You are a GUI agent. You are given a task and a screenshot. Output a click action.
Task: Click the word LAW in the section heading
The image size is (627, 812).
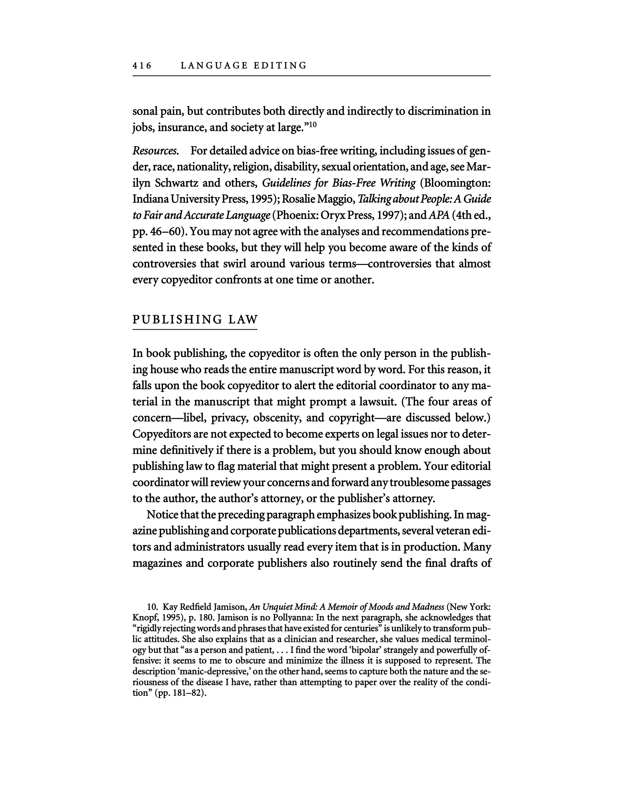243,319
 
